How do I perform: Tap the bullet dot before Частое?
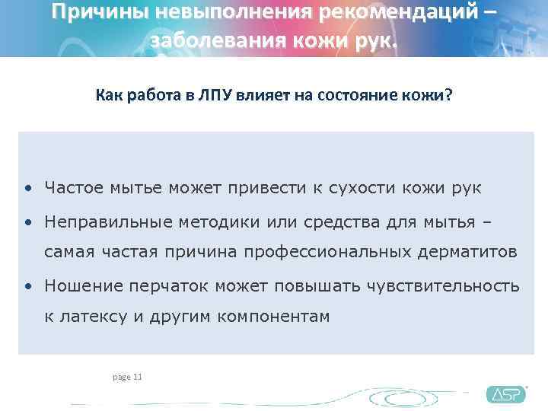click(x=27, y=188)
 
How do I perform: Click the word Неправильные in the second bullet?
click(x=107, y=221)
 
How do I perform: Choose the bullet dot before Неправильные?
click(x=27, y=222)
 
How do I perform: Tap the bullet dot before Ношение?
click(x=27, y=287)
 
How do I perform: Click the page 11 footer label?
click(x=126, y=377)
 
